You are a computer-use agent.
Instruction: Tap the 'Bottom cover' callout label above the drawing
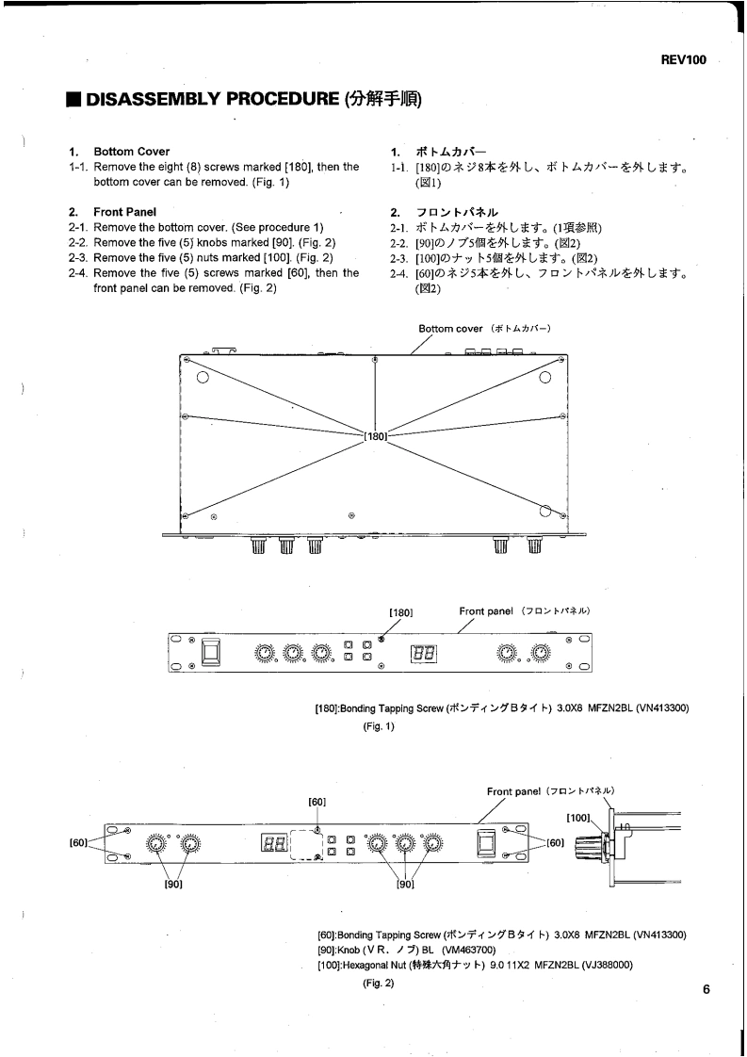pyautogui.click(x=450, y=329)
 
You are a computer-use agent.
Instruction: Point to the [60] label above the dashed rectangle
pyautogui.click(x=317, y=802)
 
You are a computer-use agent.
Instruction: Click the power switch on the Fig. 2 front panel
pyautogui.click(x=486, y=842)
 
